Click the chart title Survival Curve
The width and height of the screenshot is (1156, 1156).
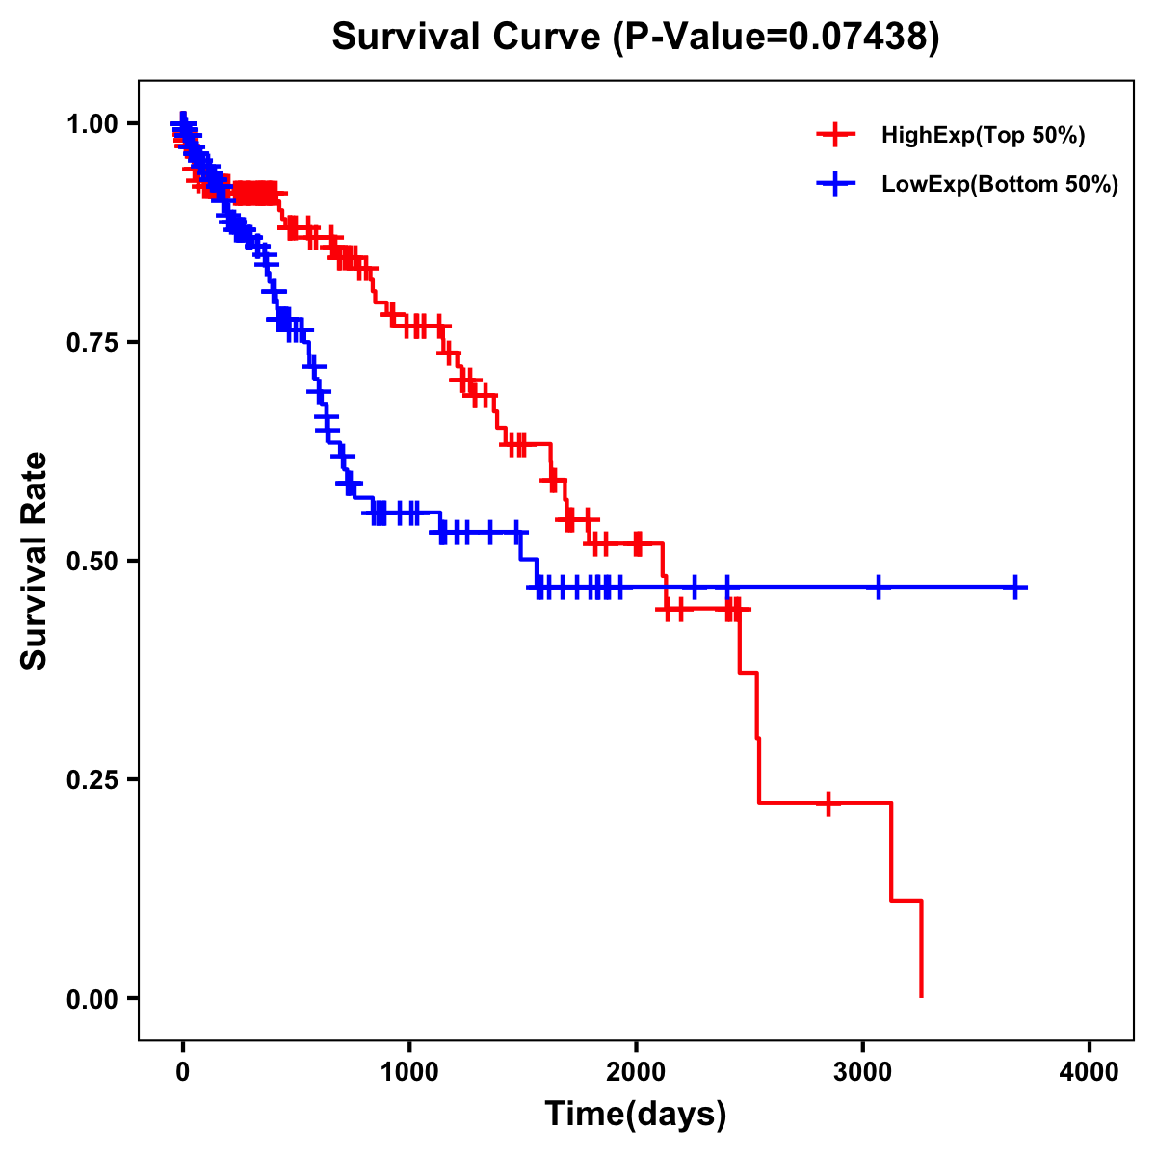click(x=467, y=38)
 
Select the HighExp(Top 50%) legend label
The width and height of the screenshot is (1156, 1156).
click(x=983, y=136)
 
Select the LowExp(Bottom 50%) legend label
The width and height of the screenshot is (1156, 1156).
click(x=1000, y=185)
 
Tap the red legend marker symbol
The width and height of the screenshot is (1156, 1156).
click(x=835, y=135)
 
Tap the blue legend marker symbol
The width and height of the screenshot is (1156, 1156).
click(x=835, y=184)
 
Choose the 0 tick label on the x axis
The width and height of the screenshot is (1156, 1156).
click(x=183, y=1072)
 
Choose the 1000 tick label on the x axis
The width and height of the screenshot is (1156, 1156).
click(x=409, y=1072)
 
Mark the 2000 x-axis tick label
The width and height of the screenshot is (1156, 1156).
click(x=636, y=1072)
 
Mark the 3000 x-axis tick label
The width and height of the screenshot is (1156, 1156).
click(x=863, y=1072)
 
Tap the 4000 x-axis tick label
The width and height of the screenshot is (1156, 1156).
click(x=1090, y=1072)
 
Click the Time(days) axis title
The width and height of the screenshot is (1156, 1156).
click(x=636, y=1115)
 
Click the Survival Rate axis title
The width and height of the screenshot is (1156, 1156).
click(x=35, y=561)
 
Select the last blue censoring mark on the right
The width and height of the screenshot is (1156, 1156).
click(x=1015, y=587)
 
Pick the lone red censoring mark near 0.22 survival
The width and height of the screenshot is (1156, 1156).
click(x=828, y=802)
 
